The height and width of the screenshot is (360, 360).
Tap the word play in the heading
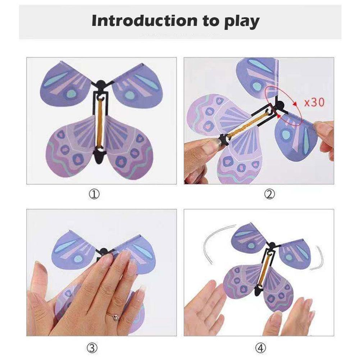[x=242, y=22]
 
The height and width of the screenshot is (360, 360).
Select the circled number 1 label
[x=94, y=195]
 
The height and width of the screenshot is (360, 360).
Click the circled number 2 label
[x=269, y=195]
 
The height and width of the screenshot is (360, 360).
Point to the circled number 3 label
[x=92, y=348]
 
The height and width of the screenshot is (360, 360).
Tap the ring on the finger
[x=114, y=318]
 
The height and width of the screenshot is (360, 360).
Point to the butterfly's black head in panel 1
[x=100, y=84]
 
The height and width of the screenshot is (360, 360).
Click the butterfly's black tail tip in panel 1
[x=100, y=160]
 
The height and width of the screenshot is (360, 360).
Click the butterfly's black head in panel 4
[x=273, y=246]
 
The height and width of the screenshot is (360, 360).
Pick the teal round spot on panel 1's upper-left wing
[x=71, y=93]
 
